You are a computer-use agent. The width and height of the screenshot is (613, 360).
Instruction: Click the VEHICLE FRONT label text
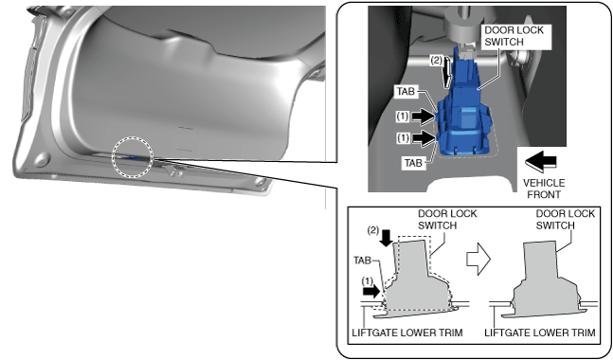544,189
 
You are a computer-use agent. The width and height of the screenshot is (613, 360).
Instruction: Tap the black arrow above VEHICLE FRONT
541,161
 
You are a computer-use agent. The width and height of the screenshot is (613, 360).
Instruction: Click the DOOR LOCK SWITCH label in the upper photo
514,36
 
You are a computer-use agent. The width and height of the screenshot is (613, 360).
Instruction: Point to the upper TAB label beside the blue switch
406,92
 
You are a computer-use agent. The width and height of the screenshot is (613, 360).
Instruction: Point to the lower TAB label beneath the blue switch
413,163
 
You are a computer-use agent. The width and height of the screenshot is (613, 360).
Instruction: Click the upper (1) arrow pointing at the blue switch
424,117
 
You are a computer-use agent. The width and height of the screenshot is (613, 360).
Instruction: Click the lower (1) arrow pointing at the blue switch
424,138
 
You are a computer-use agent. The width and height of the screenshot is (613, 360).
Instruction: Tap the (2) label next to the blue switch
436,61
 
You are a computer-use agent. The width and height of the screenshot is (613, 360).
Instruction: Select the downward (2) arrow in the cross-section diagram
387,238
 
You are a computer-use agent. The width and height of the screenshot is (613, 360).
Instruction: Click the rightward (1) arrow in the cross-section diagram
371,291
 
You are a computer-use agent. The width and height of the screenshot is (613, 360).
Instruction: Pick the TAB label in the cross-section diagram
362,261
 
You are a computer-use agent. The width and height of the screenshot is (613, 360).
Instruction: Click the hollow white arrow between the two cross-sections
478,259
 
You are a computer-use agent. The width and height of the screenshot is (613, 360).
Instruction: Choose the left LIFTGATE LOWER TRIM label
407,333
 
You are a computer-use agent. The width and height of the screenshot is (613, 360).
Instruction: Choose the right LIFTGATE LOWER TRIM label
540,333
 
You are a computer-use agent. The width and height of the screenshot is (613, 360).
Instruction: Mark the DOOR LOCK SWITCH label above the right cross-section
565,219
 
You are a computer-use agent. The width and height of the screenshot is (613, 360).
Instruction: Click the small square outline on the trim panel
185,138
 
